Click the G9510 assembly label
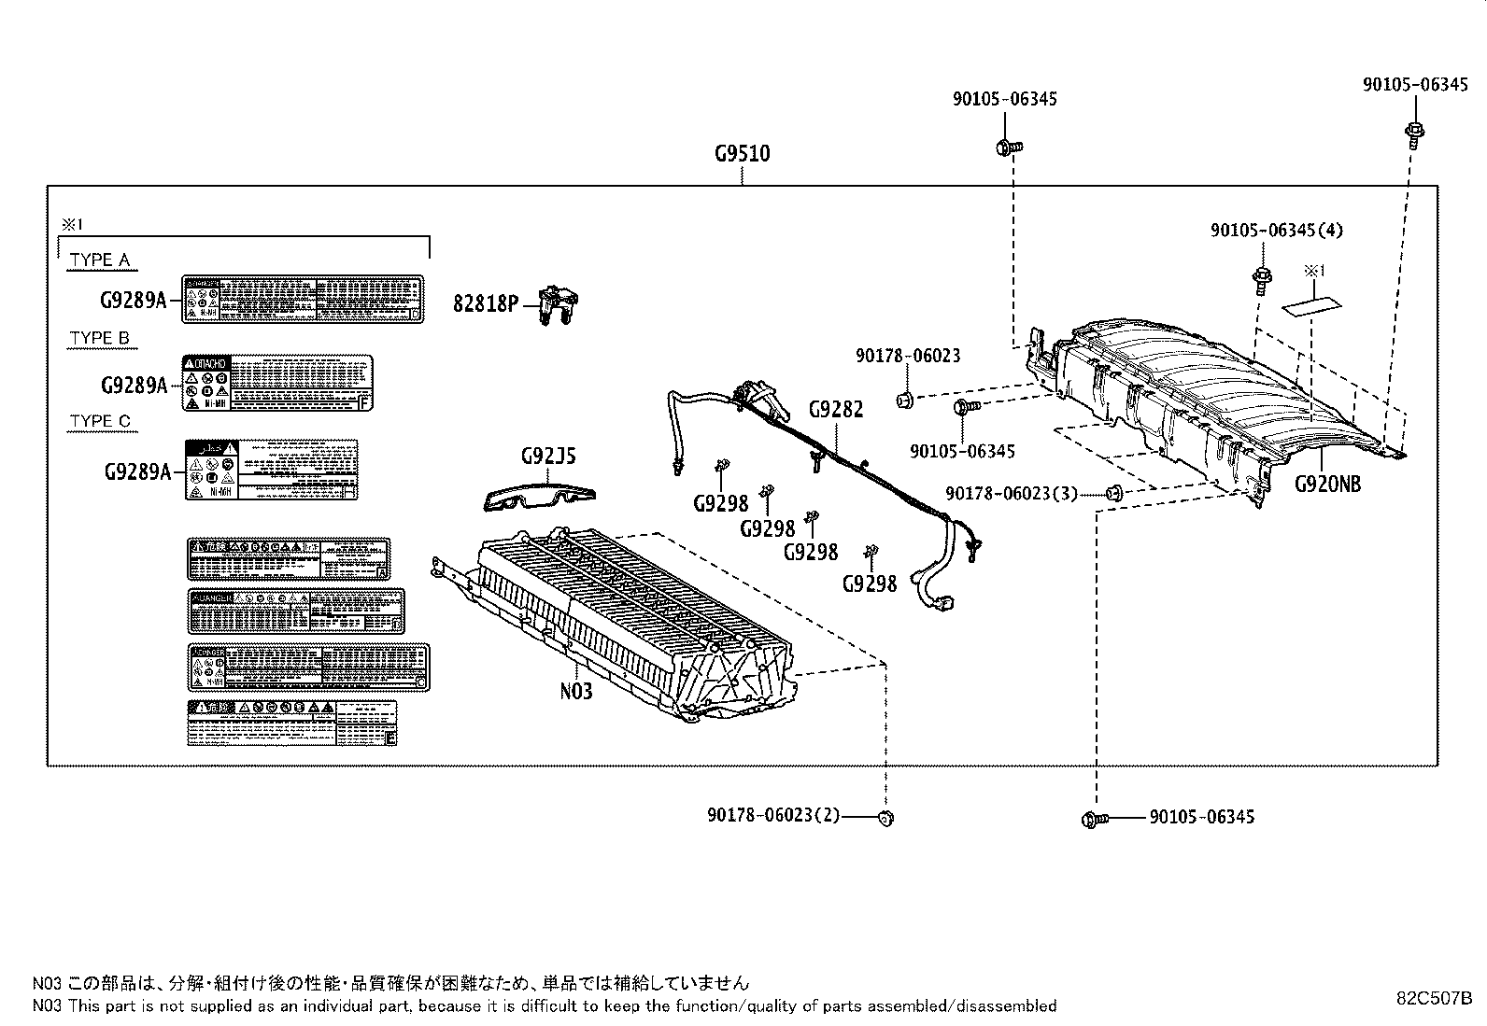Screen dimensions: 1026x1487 point(743,153)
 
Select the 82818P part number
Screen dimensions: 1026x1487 point(486,303)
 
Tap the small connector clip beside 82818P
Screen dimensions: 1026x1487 point(559,304)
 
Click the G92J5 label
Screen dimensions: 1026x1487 point(548,456)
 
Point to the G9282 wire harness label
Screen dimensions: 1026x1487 point(836,409)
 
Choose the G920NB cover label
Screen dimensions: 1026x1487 point(1327,484)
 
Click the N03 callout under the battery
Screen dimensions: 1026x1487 point(576,691)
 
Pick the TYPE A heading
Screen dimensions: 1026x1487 point(100,260)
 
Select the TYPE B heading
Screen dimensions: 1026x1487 point(100,338)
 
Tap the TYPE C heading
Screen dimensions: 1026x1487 point(100,421)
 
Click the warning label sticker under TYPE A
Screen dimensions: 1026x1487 point(302,299)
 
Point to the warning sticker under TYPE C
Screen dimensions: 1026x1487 point(271,470)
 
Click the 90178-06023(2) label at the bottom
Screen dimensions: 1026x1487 point(773,816)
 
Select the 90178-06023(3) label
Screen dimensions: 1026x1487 point(1012,493)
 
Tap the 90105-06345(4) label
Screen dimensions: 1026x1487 point(1277,230)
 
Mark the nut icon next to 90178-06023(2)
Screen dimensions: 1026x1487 point(885,818)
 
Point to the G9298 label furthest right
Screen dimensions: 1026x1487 point(869,583)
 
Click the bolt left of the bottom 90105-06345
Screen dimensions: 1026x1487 point(1094,819)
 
